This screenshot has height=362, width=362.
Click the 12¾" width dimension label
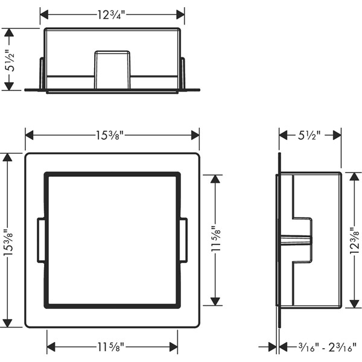[x=110, y=15]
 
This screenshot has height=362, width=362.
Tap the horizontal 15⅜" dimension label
[x=110, y=135]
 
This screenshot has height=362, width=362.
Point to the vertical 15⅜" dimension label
[x=8, y=241]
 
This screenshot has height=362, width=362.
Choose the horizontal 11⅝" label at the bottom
[x=110, y=347]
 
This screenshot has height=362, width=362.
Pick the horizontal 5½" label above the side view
[x=309, y=135]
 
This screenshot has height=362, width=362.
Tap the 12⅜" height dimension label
[x=354, y=240]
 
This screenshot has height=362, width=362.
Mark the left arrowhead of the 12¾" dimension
[x=44, y=14]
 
